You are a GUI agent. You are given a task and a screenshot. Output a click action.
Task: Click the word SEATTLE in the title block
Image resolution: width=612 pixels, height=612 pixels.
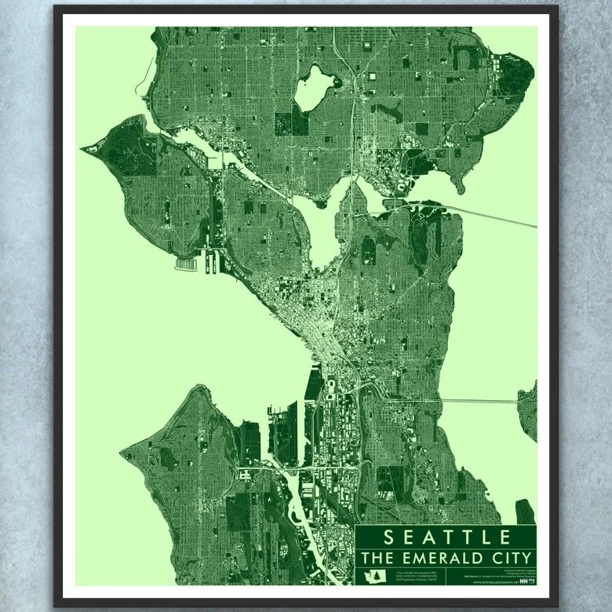click(x=446, y=537)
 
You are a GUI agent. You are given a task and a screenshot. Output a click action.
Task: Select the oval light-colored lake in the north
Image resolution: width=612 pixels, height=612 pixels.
click(x=314, y=91)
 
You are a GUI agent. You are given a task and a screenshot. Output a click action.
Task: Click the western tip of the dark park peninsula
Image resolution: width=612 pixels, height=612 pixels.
click(x=83, y=146)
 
